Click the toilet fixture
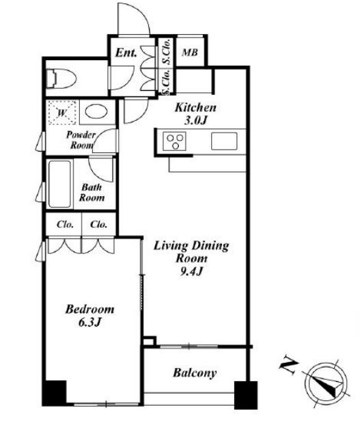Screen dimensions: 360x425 pos(61,79)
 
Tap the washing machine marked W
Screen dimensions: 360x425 pos(62,113)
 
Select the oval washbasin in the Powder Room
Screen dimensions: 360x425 pos(96,111)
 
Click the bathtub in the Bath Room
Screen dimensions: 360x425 pos(59,184)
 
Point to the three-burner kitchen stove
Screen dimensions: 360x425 pos(174,141)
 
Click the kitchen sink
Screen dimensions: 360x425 pos(224,141)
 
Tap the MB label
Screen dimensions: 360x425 pos(190,52)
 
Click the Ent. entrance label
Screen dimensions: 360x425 pos(126,53)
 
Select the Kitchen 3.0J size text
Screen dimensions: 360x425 pos(195,120)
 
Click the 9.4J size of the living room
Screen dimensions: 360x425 pos(191,271)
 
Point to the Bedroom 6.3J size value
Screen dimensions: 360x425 pos(89,322)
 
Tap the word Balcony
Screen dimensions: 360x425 pos(195,373)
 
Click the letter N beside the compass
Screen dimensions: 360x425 pos(288,367)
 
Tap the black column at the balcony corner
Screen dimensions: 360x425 pos(246,395)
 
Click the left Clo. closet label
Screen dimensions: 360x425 pos(65,224)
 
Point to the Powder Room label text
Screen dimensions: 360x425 pos(81,140)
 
